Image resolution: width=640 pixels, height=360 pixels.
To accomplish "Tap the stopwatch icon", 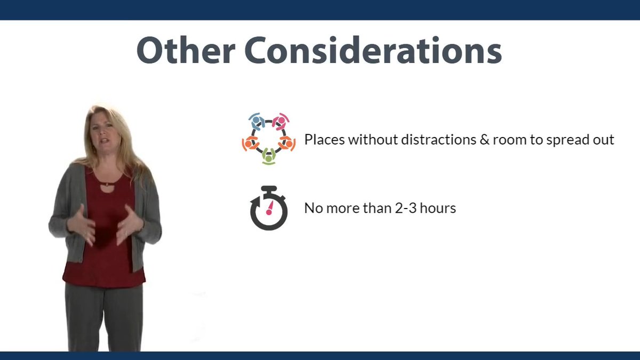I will tap(269, 209).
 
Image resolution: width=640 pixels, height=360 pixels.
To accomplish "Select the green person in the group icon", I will tap(269, 156).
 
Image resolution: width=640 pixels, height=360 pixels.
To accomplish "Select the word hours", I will tap(438, 208).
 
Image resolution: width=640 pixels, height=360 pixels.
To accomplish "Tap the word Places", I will tap(324, 140).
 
